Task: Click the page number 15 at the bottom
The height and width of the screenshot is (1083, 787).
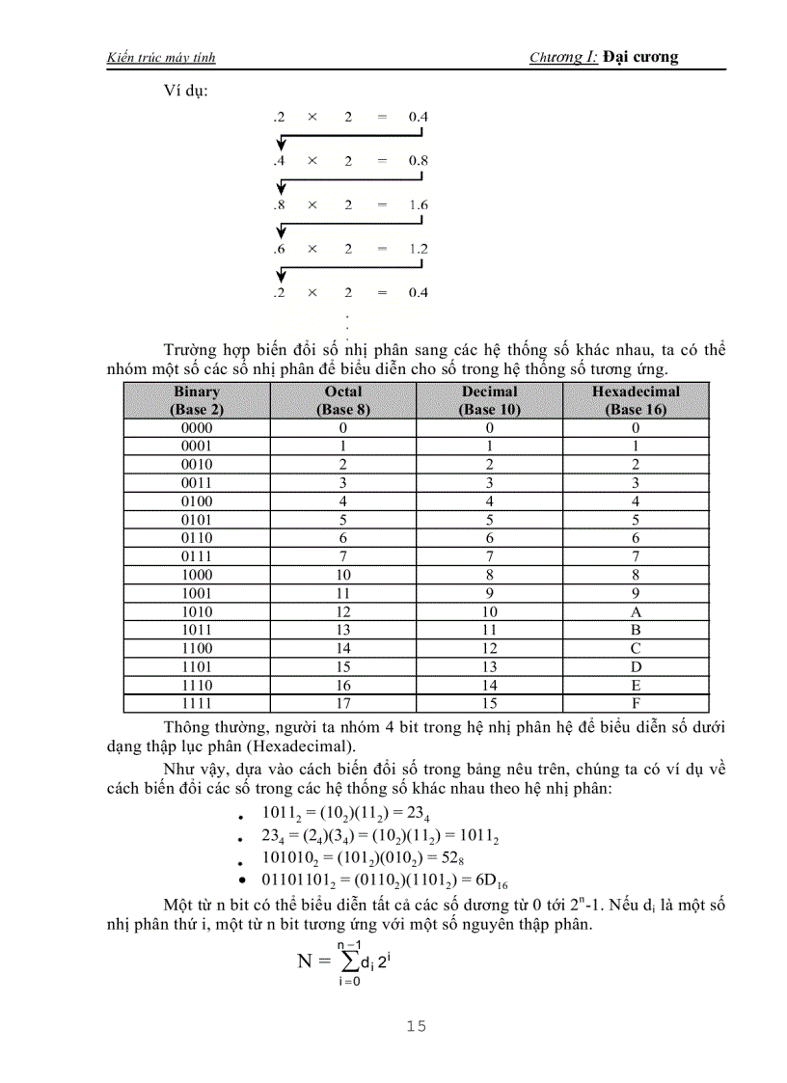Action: (x=416, y=1025)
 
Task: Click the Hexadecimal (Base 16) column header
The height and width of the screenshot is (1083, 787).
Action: (x=636, y=400)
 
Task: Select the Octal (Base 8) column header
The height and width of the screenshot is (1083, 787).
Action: (x=343, y=400)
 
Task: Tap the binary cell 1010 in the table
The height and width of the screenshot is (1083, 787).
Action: (x=197, y=612)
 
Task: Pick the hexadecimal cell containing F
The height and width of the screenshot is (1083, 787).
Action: (x=636, y=704)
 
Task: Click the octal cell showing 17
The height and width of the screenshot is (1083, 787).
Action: (x=343, y=704)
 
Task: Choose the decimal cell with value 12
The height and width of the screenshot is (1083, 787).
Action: (x=490, y=649)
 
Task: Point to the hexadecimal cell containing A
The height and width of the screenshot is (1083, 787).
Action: (x=636, y=612)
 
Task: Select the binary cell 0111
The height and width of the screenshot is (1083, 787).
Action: (x=197, y=556)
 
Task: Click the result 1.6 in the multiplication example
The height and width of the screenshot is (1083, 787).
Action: (x=418, y=205)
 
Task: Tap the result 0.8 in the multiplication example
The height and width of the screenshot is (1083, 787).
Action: (x=418, y=161)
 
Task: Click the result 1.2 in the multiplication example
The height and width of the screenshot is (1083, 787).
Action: (x=418, y=249)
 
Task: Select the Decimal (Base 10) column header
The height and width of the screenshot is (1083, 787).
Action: (x=490, y=400)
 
